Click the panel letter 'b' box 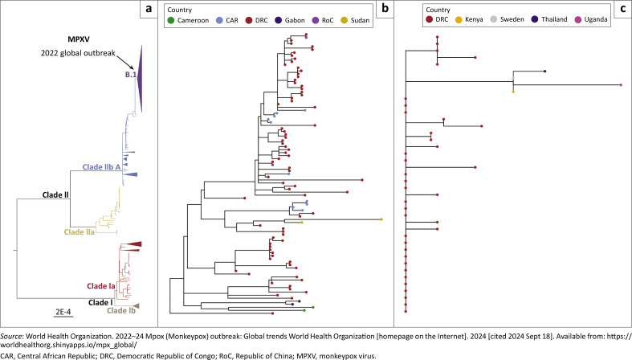(x=385, y=10)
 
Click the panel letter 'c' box (x=621, y=10)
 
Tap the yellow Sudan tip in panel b (x=381, y=219)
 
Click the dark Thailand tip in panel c (x=545, y=72)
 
